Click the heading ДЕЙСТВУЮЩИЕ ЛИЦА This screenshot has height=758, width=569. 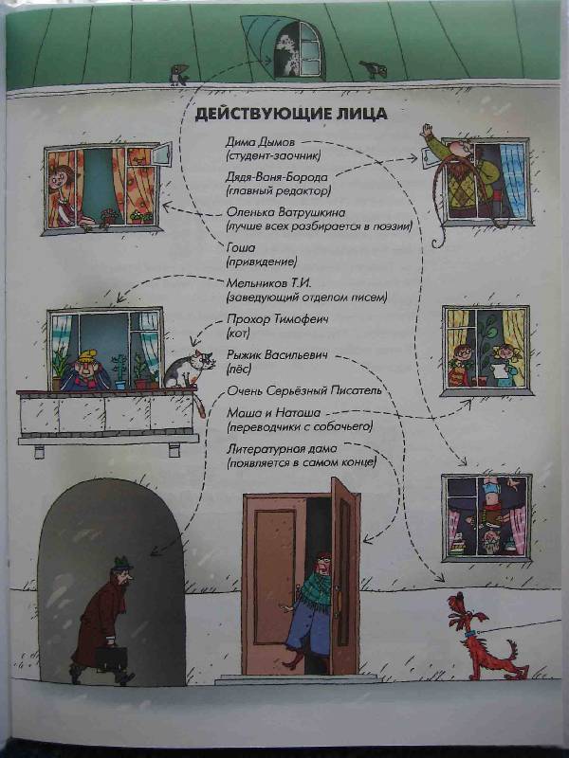tap(291, 114)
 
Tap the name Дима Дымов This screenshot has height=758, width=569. tap(260, 142)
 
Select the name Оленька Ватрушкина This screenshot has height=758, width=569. tap(285, 212)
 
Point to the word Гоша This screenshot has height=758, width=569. tap(241, 247)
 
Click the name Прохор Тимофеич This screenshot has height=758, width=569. tap(277, 319)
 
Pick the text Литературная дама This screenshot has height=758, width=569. tap(282, 448)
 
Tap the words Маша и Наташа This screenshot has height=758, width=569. tap(273, 413)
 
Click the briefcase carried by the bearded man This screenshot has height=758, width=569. tap(111, 658)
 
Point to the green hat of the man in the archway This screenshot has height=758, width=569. tap(122, 563)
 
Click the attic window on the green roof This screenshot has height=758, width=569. tap(299, 49)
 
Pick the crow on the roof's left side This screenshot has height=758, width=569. tap(178, 75)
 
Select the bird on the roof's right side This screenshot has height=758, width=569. tap(374, 69)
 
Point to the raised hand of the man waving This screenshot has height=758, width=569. tap(427, 131)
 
